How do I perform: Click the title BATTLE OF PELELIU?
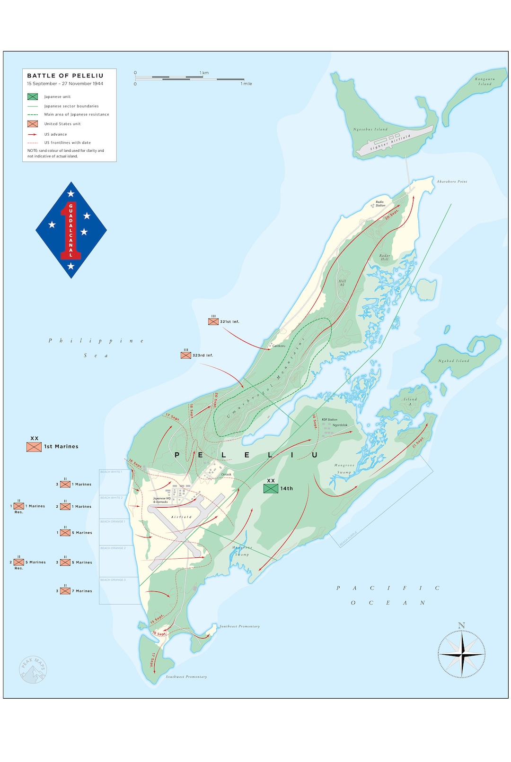point(65,76)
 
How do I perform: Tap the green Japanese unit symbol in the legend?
point(33,96)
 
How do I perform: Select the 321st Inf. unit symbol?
point(213,321)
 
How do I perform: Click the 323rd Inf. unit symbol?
point(186,355)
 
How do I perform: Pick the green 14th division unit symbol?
point(271,488)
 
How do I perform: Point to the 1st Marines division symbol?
point(34,446)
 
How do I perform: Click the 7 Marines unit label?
point(82,591)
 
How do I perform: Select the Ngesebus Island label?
point(370,129)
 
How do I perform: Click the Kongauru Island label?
point(485,81)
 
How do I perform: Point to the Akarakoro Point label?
point(452,182)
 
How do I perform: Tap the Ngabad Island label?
point(453,361)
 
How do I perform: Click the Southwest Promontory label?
point(186,677)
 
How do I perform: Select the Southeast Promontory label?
point(239,626)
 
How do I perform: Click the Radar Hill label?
point(385,257)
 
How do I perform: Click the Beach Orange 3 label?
point(113,580)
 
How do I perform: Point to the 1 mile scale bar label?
point(246,84)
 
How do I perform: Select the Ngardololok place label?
point(340,425)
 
